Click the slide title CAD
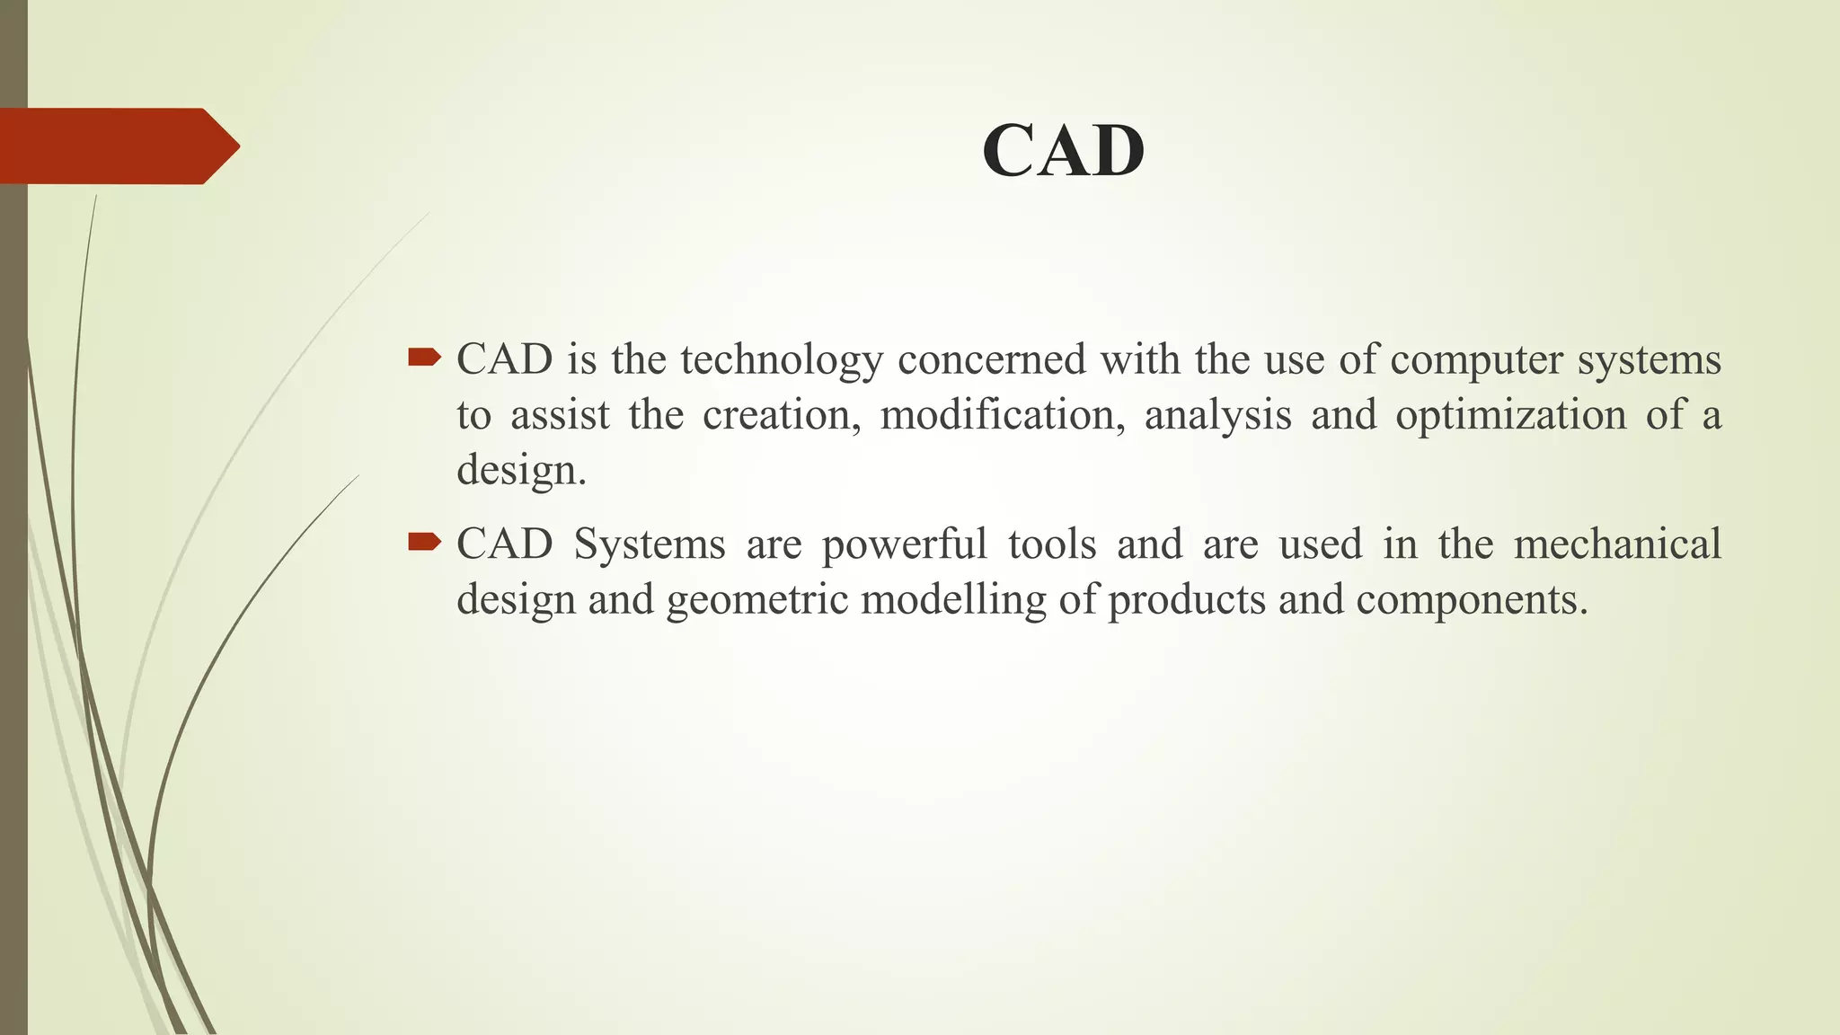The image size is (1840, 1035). point(1063,151)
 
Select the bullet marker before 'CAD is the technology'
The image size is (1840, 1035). point(424,359)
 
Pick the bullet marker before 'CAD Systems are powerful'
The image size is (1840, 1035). point(424,542)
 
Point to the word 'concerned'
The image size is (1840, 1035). point(992,359)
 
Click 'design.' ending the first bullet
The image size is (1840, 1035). point(521,471)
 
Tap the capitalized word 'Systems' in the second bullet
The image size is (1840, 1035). point(649,545)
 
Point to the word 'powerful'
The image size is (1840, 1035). point(904,545)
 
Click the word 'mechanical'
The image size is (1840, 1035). point(1617,544)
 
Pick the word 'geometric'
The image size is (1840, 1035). point(756,600)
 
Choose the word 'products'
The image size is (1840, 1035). point(1187,600)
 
